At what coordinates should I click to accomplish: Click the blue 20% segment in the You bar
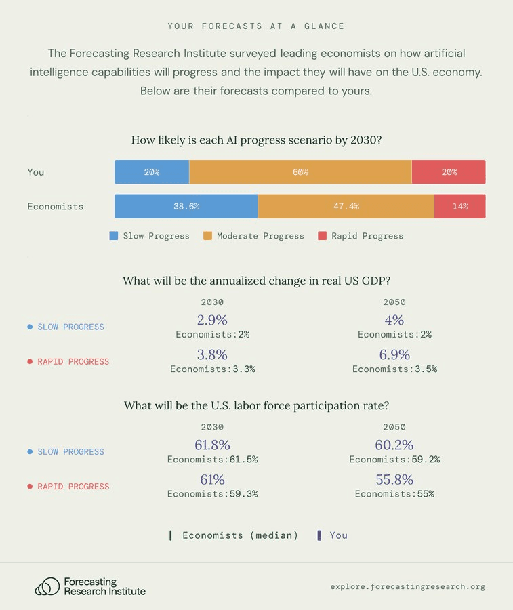[x=152, y=172]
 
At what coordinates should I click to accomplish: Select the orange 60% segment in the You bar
[x=300, y=172]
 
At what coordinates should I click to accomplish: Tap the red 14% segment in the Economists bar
[x=460, y=206]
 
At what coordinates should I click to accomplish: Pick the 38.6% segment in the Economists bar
[x=186, y=206]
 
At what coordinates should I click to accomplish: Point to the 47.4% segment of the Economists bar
[x=346, y=206]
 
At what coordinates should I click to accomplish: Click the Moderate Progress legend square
[x=208, y=236]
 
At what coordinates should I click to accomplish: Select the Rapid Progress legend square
[x=323, y=236]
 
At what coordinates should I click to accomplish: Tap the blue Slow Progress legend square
[x=114, y=236]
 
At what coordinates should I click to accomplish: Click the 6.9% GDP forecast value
[x=394, y=354]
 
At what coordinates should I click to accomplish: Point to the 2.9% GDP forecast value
[x=212, y=320]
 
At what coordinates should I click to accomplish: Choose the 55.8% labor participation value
[x=394, y=479]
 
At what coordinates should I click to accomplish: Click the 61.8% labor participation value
[x=212, y=445]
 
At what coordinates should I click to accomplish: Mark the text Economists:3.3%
[x=212, y=369]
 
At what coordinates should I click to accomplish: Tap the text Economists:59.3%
[x=212, y=494]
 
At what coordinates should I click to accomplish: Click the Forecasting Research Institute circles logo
[x=47, y=586]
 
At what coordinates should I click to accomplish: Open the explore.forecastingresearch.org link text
[x=408, y=586]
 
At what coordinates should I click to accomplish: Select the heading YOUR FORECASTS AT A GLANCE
[x=256, y=26]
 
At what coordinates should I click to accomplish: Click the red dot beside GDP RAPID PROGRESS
[x=30, y=361]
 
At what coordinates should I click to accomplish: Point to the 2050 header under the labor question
[x=394, y=427]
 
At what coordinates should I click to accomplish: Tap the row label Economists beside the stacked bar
[x=56, y=206]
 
